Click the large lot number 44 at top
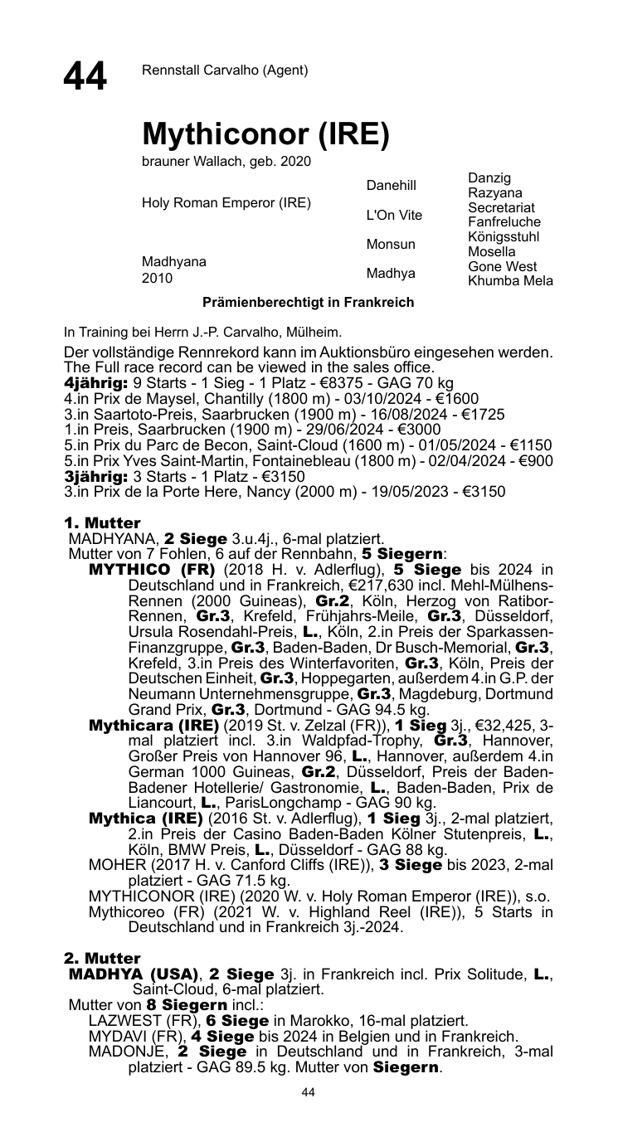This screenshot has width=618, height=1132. (85, 76)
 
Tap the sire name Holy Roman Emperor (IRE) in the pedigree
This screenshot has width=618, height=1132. (226, 202)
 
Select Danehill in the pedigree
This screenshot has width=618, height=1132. (391, 185)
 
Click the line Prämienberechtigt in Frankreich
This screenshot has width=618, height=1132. (309, 303)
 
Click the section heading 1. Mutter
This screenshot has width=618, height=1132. (102, 523)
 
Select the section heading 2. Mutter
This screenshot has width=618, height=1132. (102, 959)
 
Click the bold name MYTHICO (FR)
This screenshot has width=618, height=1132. (152, 570)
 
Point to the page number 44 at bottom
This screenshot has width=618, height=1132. (309, 1093)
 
